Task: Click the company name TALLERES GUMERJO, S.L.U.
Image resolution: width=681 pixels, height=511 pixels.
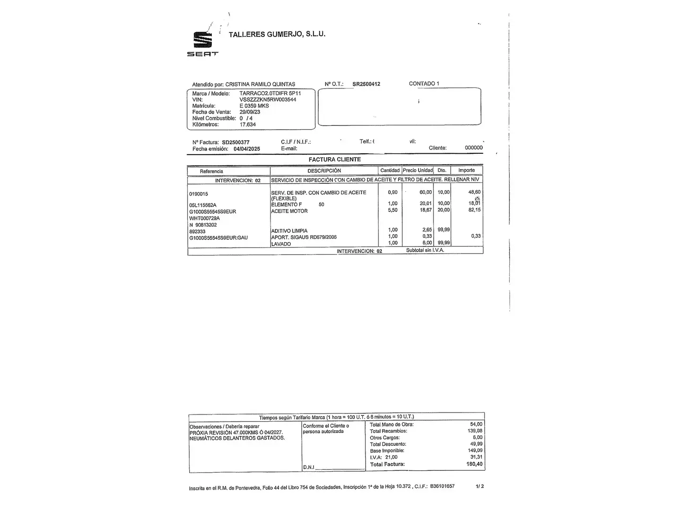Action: pyautogui.click(x=277, y=34)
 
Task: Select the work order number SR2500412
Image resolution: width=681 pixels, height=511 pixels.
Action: pyautogui.click(x=366, y=84)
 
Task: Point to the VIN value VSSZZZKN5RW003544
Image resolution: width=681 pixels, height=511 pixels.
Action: pyautogui.click(x=268, y=100)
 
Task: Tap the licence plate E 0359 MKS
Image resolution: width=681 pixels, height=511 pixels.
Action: pyautogui.click(x=254, y=106)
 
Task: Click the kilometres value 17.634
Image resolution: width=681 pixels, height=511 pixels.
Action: pyautogui.click(x=247, y=124)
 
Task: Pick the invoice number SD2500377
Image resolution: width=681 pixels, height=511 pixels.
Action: pyautogui.click(x=236, y=142)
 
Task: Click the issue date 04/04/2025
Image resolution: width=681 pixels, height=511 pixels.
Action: pyautogui.click(x=246, y=149)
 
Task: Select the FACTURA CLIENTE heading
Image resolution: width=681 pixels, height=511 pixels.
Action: pyautogui.click(x=334, y=159)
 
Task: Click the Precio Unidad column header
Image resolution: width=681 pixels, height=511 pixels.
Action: pyautogui.click(x=418, y=170)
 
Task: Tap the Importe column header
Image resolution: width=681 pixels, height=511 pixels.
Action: pyautogui.click(x=466, y=170)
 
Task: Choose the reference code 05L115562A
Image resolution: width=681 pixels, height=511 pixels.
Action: pyautogui.click(x=202, y=205)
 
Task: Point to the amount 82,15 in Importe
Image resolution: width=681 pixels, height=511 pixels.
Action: pyautogui.click(x=474, y=210)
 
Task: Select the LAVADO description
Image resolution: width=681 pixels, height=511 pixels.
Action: pyautogui.click(x=281, y=244)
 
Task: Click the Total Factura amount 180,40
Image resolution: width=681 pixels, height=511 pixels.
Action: pyautogui.click(x=474, y=465)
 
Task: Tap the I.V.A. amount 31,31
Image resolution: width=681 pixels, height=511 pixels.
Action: pyautogui.click(x=476, y=457)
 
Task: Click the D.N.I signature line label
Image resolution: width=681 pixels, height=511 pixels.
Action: pyautogui.click(x=308, y=467)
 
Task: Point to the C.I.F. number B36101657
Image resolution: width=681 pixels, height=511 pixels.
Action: pyautogui.click(x=442, y=486)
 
